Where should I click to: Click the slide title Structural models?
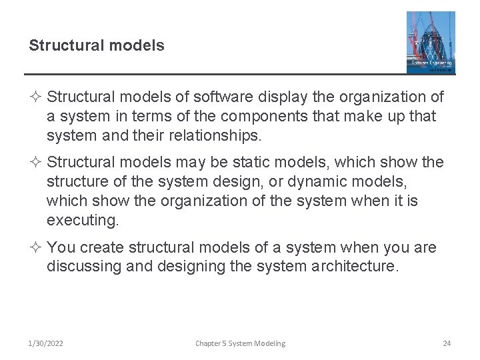(x=96, y=46)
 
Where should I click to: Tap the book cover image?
(x=431, y=42)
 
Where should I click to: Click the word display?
(x=275, y=97)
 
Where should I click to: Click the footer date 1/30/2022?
(x=46, y=343)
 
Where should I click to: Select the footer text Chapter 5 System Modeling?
(x=240, y=343)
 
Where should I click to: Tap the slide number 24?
(x=447, y=343)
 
